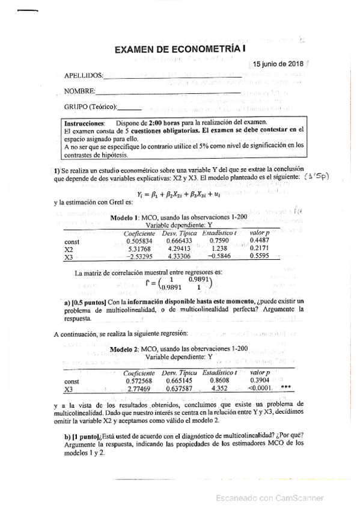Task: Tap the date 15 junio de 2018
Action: click(278, 64)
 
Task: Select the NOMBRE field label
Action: click(79, 91)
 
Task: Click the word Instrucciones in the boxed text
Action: click(84, 122)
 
